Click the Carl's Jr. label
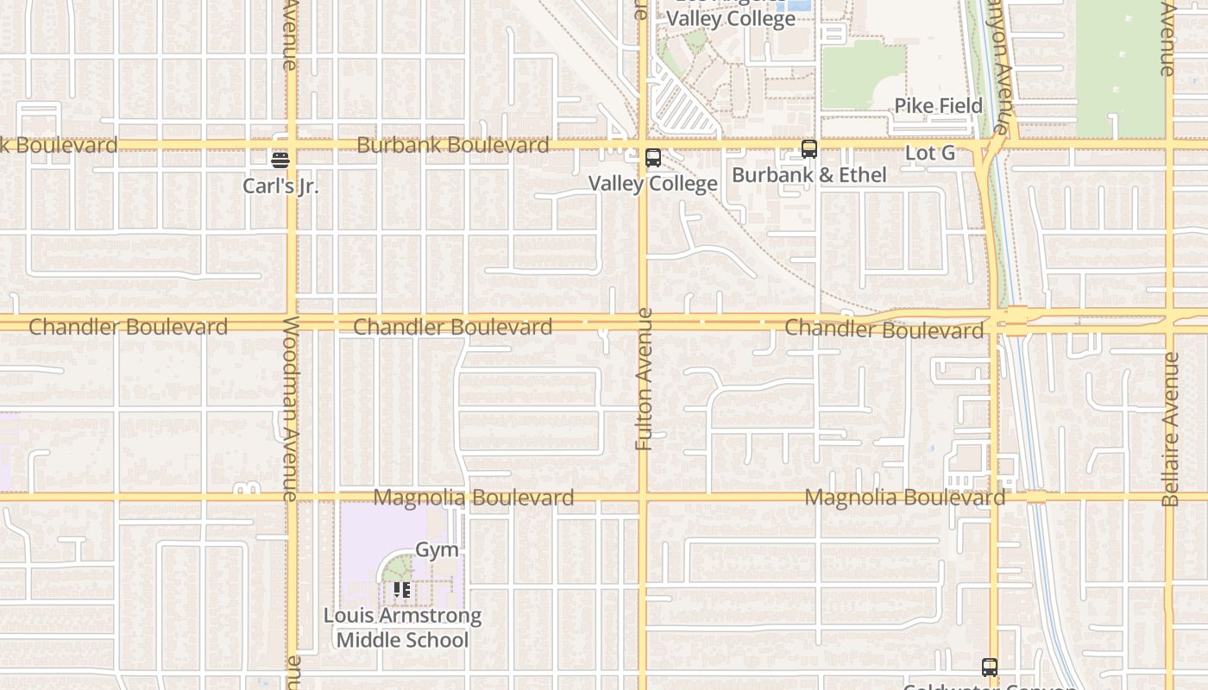pos(280,185)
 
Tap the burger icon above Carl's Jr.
pos(280,160)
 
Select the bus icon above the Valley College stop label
pos(653,158)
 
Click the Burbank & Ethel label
pos(808,175)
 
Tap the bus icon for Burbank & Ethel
pos(808,149)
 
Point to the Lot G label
pos(929,154)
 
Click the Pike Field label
pos(938,106)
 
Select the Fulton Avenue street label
pos(644,379)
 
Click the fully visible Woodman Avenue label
pos(290,409)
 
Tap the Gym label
pos(437,549)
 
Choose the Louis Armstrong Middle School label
pos(402,628)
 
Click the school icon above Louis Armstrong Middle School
pos(402,590)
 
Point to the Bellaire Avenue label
pos(1170,429)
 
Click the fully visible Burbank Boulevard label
pos(452,145)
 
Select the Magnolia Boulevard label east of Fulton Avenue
pos(904,498)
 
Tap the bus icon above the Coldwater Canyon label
pos(989,667)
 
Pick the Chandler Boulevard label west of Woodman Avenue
pos(128,327)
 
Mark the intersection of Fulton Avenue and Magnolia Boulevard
pos(643,497)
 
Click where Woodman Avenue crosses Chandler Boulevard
pos(292,323)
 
